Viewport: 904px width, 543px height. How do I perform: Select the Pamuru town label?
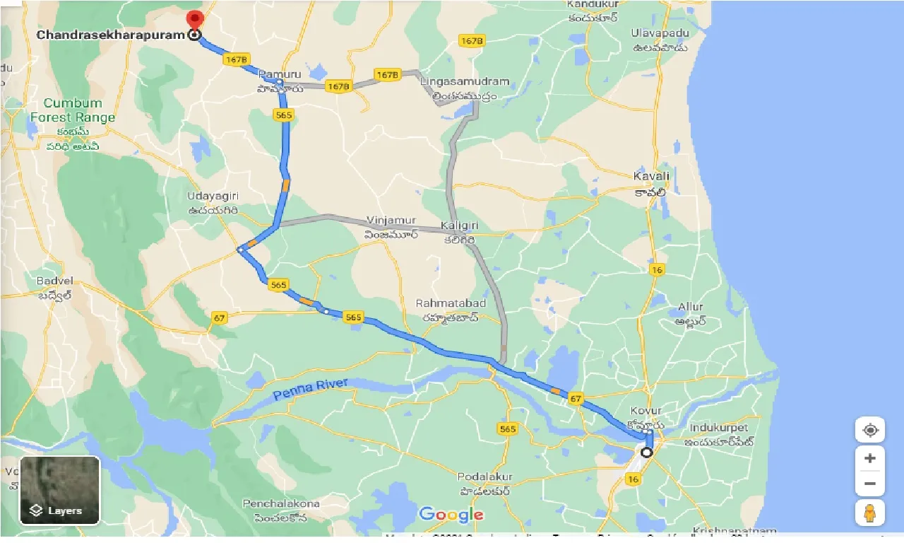[280, 74]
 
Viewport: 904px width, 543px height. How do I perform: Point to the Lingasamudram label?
[464, 82]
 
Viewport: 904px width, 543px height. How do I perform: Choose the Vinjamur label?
[391, 221]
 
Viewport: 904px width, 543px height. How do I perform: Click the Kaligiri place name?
[460, 225]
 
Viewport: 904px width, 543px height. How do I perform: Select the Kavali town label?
[651, 176]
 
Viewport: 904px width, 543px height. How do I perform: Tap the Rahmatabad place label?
[451, 303]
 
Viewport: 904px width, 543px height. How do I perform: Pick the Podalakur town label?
[484, 477]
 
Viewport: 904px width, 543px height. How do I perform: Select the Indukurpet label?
[718, 428]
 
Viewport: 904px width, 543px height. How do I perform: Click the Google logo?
[451, 514]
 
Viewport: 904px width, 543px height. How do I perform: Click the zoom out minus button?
[869, 484]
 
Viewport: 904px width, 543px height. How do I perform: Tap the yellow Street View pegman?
[869, 513]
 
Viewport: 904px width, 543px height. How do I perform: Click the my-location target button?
[869, 430]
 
